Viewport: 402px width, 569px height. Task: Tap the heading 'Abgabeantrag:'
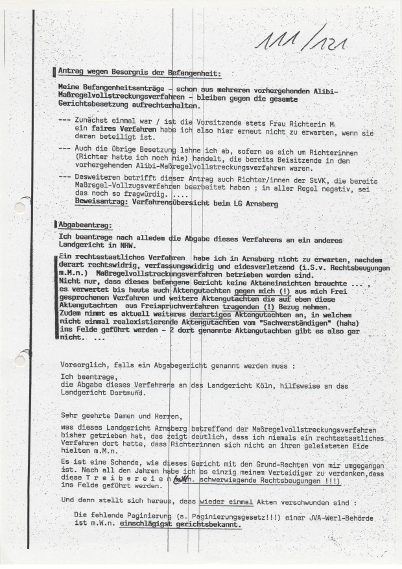pyautogui.click(x=84, y=224)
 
